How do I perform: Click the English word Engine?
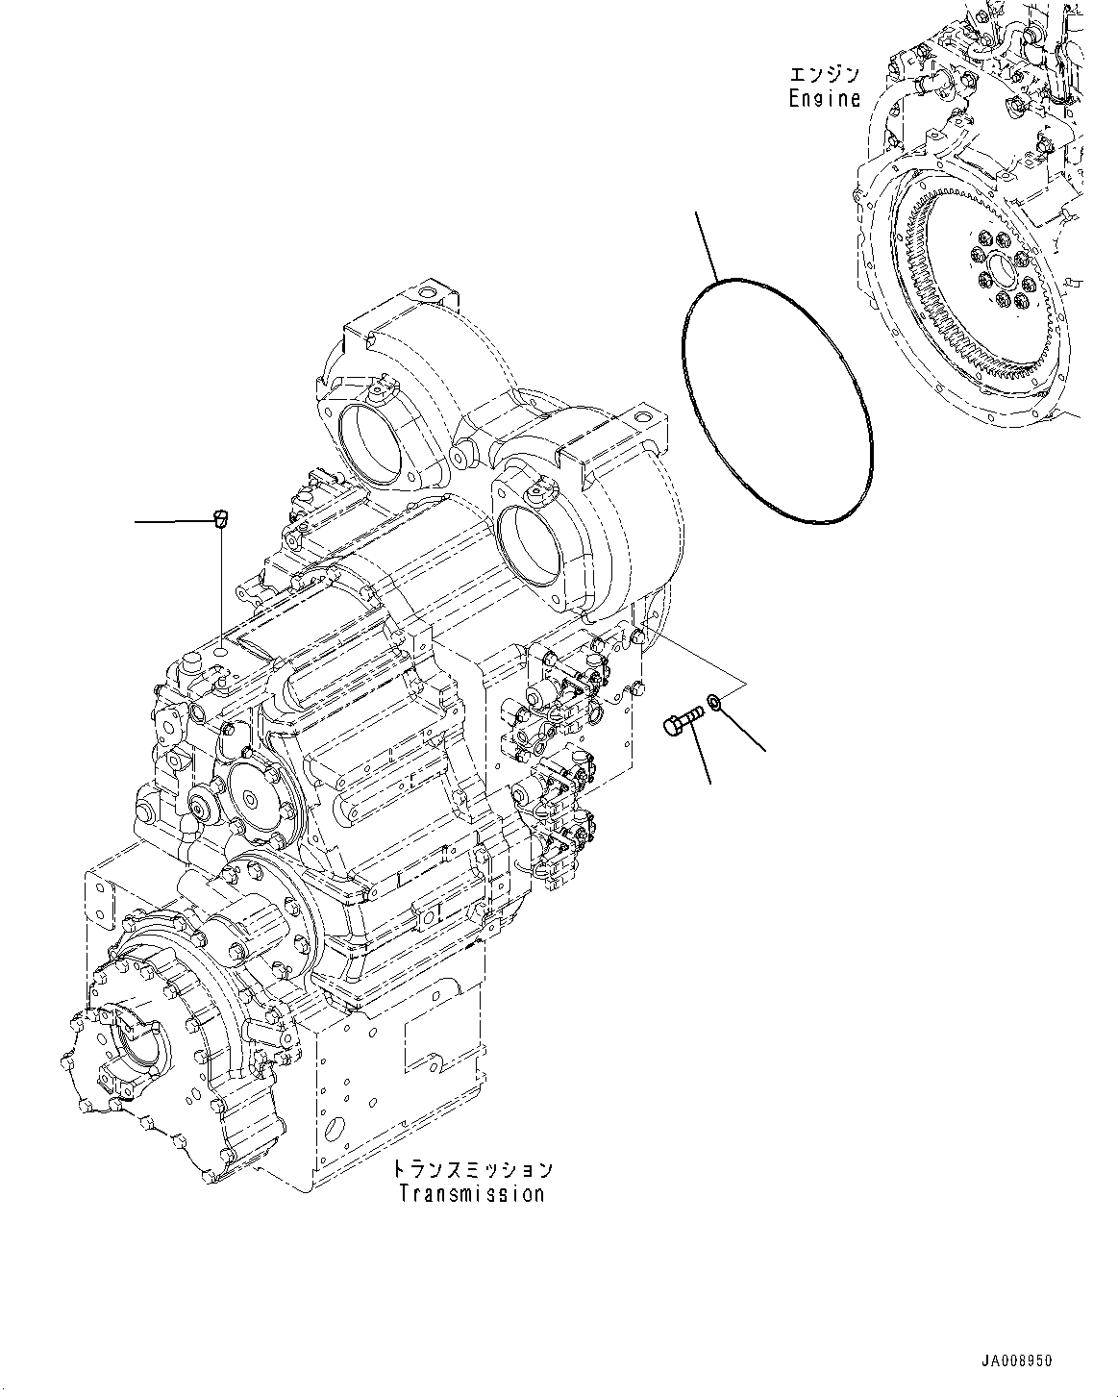824,98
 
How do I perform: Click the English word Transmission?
472,1194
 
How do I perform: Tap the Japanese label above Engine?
824,75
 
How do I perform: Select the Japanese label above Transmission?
472,1170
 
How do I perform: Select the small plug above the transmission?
220,520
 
